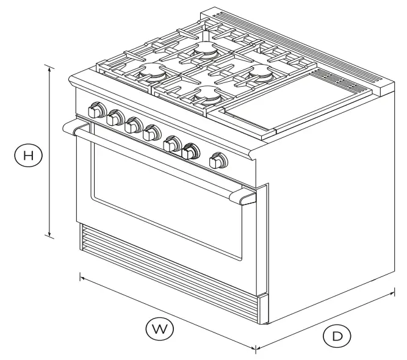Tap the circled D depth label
point(337,335)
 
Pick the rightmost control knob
point(217,162)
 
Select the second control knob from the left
point(114,119)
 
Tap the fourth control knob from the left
point(151,134)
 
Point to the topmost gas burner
point(206,51)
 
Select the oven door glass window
point(165,207)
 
